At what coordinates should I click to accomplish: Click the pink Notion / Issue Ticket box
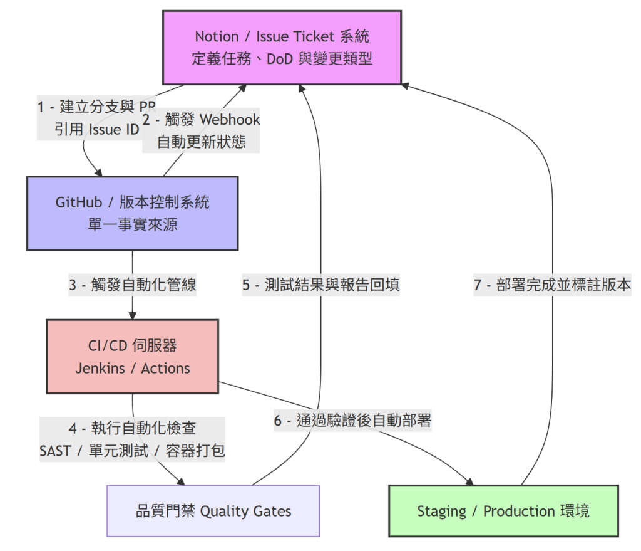coord(282,48)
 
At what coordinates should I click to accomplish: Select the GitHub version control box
coord(133,213)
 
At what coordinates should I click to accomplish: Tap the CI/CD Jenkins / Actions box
coord(133,357)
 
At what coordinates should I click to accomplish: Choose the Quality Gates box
coord(213,511)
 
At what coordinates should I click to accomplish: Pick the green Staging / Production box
coord(504,511)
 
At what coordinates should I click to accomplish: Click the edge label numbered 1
coord(96,118)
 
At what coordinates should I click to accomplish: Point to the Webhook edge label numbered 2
coord(201,130)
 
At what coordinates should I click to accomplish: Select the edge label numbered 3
coord(133,285)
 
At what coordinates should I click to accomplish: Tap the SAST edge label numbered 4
coord(133,439)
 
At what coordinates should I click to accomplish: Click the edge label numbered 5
coord(321,285)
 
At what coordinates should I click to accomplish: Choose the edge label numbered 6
coord(353,421)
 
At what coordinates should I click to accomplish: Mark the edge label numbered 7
coord(553,285)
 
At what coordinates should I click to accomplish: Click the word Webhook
coord(230,120)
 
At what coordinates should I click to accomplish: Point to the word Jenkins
coord(100,369)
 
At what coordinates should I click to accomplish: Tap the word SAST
coord(55,451)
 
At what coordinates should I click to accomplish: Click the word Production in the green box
coord(519,512)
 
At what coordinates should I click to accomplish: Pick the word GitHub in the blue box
coord(78,202)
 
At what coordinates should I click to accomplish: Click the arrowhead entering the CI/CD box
coord(133,315)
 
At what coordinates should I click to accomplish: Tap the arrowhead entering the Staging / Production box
coord(469,482)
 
